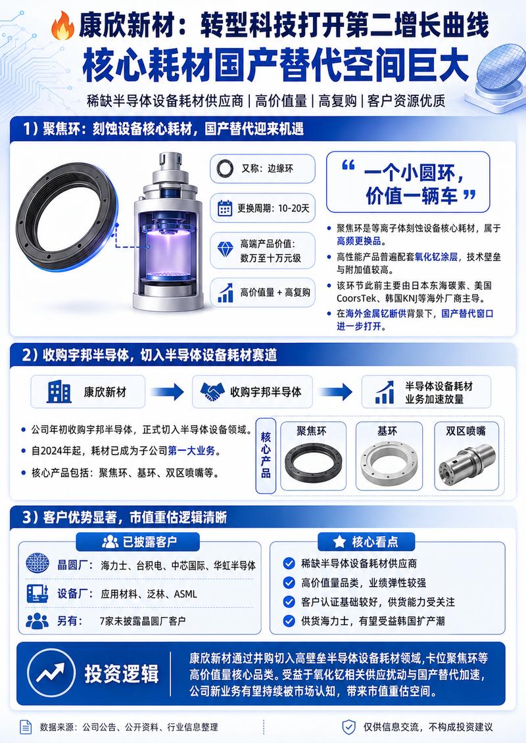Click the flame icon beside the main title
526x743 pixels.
click(62, 26)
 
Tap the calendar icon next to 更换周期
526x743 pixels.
click(225, 208)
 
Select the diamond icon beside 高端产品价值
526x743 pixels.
click(226, 249)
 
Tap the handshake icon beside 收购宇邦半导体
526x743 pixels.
click(212, 392)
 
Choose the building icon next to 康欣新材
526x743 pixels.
click(59, 392)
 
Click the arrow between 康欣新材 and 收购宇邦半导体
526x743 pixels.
click(168, 392)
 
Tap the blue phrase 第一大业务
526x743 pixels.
click(191, 451)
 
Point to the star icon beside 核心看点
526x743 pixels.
click(339, 541)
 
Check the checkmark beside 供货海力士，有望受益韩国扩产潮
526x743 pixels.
click(289, 621)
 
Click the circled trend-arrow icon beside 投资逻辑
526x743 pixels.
click(51, 673)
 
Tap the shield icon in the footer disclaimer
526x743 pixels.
click(348, 727)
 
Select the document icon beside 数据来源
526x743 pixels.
click(26, 727)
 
